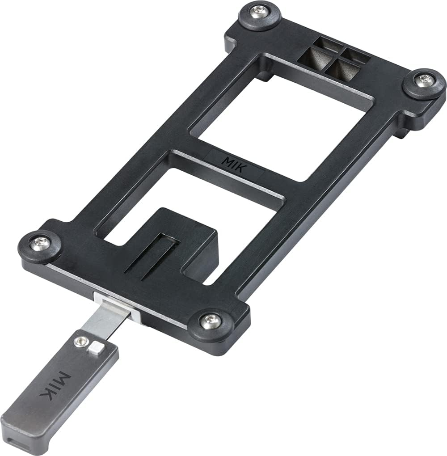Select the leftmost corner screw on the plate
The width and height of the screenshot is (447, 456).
pyautogui.click(x=38, y=243)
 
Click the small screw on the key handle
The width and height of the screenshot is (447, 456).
pyautogui.click(x=80, y=342)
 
